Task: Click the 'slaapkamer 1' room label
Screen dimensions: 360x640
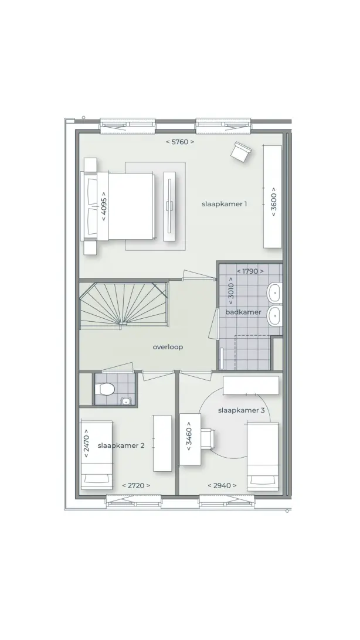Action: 224,204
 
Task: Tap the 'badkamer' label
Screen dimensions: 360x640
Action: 243,312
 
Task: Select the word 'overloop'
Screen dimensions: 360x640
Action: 168,347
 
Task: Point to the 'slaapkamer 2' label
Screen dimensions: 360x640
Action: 121,445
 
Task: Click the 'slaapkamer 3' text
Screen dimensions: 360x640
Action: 241,410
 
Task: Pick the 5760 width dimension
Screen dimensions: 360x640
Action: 179,142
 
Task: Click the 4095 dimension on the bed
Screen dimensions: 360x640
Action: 104,206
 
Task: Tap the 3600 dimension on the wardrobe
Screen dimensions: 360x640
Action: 274,201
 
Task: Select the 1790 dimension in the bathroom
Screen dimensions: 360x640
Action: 250,271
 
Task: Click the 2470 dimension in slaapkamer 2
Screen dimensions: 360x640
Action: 86,444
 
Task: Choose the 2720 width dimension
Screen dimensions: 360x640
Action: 137,485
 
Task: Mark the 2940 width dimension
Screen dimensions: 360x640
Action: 222,485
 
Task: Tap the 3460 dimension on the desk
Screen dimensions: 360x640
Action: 189,439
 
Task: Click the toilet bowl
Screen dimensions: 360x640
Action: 104,389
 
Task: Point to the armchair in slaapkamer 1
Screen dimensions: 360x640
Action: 240,151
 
